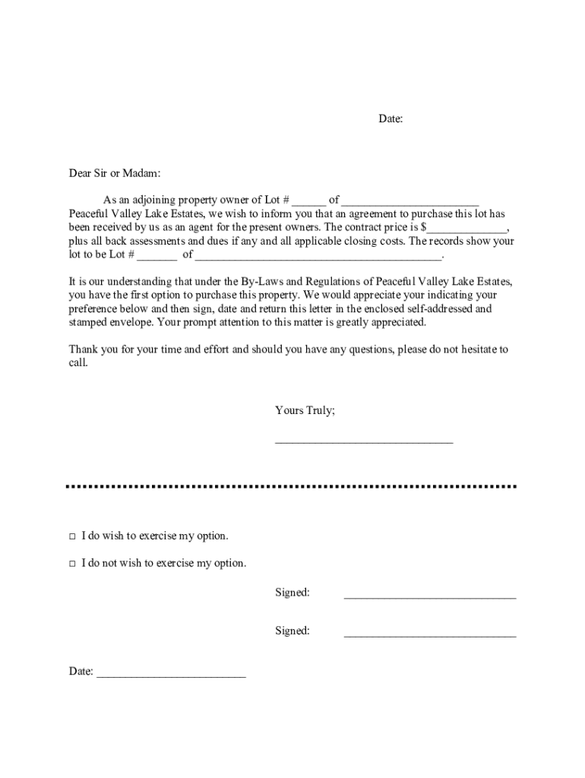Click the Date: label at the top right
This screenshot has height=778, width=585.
pos(391,119)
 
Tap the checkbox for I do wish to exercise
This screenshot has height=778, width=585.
pos(72,536)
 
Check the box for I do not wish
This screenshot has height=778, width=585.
pos(72,564)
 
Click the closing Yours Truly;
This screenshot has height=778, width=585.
pos(305,410)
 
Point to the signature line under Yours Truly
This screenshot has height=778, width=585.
pos(363,440)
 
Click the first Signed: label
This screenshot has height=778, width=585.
pos(292,593)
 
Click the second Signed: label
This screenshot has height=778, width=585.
pos(292,631)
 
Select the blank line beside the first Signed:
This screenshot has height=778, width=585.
pos(430,597)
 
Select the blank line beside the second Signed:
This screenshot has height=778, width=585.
pos(430,634)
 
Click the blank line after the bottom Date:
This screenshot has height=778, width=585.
pos(171,675)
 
